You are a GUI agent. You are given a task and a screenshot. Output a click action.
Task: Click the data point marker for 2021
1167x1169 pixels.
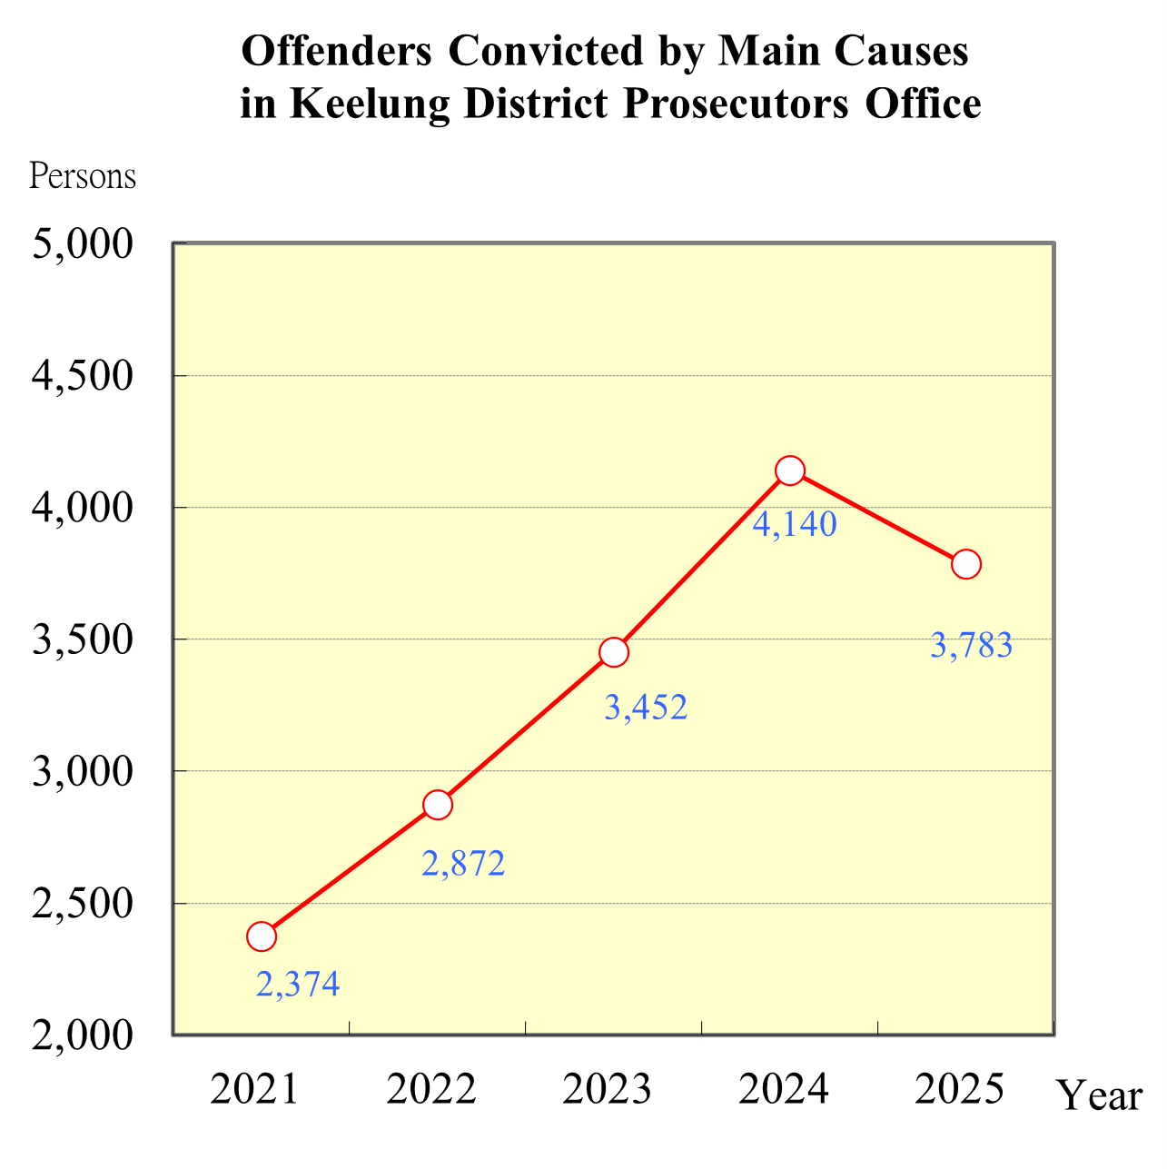262,936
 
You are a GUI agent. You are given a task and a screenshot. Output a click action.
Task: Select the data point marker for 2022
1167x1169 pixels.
438,805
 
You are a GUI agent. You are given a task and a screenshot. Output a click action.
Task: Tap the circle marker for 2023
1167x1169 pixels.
614,652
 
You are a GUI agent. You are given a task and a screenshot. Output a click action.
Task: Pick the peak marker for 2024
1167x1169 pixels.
790,471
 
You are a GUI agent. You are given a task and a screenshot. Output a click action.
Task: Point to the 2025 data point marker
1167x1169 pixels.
966,564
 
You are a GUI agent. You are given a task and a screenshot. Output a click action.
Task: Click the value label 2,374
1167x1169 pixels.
298,985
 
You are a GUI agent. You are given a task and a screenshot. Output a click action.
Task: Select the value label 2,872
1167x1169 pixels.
463,864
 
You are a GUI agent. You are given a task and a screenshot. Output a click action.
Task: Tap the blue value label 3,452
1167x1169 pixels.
646,708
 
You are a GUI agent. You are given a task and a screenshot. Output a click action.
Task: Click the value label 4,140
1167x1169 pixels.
795,524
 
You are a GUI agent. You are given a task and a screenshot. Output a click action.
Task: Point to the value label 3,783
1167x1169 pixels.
971,646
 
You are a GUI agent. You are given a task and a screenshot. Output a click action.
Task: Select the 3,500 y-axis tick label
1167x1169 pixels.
83,639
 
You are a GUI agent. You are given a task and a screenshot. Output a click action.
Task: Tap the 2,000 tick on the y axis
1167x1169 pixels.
83,1035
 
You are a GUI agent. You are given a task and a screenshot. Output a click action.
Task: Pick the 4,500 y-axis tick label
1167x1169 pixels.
83,376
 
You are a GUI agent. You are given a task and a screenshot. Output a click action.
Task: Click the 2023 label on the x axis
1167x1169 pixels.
608,1089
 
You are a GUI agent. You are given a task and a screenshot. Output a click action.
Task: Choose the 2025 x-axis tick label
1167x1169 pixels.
960,1089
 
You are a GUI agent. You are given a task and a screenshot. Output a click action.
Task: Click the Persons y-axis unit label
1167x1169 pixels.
83,176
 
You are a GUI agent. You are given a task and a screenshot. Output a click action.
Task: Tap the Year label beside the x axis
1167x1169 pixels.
1100,1096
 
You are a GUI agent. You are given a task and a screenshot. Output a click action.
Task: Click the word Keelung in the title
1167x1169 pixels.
370,104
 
